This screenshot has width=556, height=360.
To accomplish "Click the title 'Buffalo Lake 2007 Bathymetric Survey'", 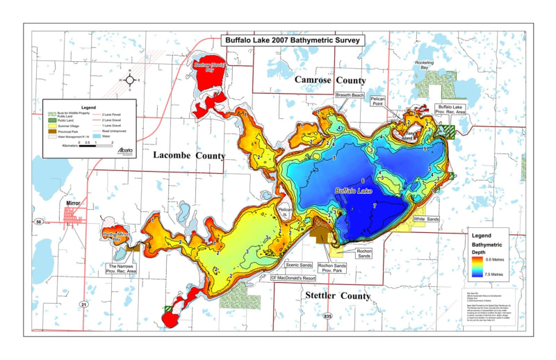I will pos(292,40).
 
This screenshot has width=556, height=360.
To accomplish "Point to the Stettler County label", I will pos(338,296).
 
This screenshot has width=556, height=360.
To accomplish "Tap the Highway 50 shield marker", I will pos(39,221).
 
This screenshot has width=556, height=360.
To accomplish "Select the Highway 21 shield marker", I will pos(84,304).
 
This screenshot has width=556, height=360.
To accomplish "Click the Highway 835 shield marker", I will pos(327,316).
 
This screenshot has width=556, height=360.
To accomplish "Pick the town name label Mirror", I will pos(74,203).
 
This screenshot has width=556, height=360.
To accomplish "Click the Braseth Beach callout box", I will pos(350,95).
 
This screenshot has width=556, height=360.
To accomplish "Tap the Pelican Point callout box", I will pos(398,100).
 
